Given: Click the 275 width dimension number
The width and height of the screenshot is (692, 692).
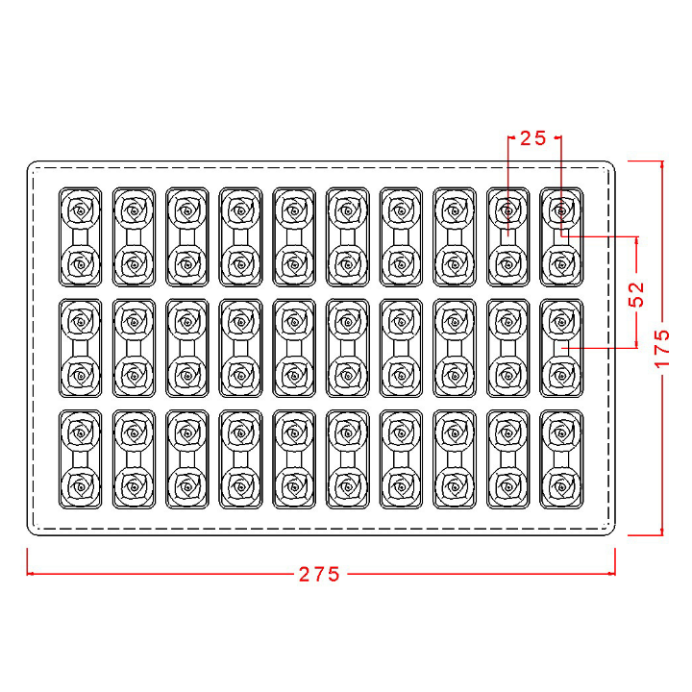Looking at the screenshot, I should coord(319,574).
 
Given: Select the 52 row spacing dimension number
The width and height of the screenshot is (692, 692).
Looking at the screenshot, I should coord(635,292).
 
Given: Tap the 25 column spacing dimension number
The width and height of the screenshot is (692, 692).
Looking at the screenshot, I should coord(532,137).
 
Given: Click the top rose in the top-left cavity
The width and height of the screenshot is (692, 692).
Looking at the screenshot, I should coord(81,209).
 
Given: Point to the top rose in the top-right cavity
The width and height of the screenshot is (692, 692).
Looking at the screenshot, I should coord(560,209).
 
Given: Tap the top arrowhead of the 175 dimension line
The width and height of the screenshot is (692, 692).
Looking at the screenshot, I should coord(661,164).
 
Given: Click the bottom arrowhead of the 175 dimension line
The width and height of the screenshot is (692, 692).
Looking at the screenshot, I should coord(661,531).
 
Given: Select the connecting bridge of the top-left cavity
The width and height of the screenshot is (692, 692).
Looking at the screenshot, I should coord(81,236).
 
